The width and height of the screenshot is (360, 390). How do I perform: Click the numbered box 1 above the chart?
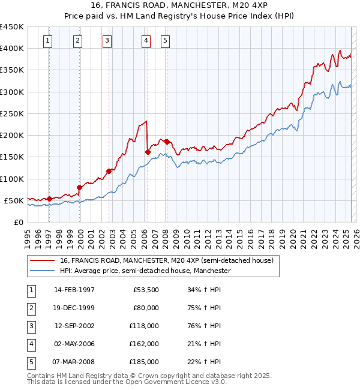pos(47,41)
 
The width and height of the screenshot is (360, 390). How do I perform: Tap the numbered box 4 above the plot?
pos(146,41)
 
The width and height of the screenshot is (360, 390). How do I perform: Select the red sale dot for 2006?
pos(148,152)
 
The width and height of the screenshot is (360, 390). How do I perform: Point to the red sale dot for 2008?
pos(167,142)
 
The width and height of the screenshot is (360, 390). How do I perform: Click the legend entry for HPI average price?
pos(145,271)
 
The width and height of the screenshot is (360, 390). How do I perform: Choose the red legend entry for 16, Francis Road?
pos(166,260)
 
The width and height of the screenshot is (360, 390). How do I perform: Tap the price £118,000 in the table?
pos(144,326)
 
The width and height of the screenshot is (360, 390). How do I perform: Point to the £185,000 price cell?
pos(144,362)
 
